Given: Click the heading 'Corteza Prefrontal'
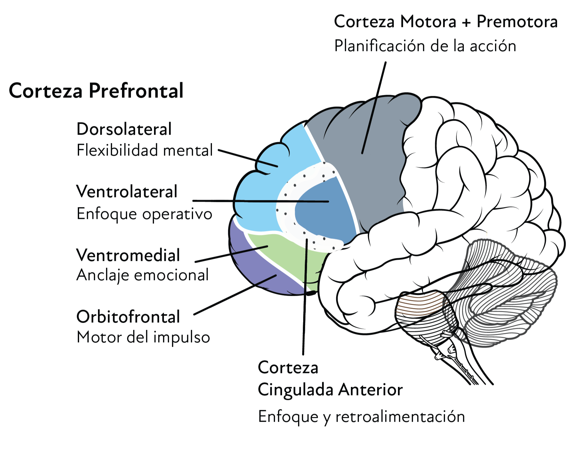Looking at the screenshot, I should point(96,91).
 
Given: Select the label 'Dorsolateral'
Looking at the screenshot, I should point(124,129).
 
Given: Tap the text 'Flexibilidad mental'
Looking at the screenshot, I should point(145,150).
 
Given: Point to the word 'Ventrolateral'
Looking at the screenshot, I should point(127,192).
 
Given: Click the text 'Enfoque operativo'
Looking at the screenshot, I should point(144,214).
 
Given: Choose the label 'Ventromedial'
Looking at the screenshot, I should point(128,255).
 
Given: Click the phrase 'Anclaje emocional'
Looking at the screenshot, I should point(143,275).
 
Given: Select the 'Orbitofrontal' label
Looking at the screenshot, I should point(128,317).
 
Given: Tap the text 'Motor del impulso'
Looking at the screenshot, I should point(143,337).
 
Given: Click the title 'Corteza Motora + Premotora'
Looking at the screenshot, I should point(446,22).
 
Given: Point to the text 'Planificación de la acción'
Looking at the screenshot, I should point(425,46).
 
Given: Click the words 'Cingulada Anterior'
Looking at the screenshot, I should point(330,390).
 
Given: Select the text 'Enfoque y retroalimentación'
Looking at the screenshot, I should point(361,417).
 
